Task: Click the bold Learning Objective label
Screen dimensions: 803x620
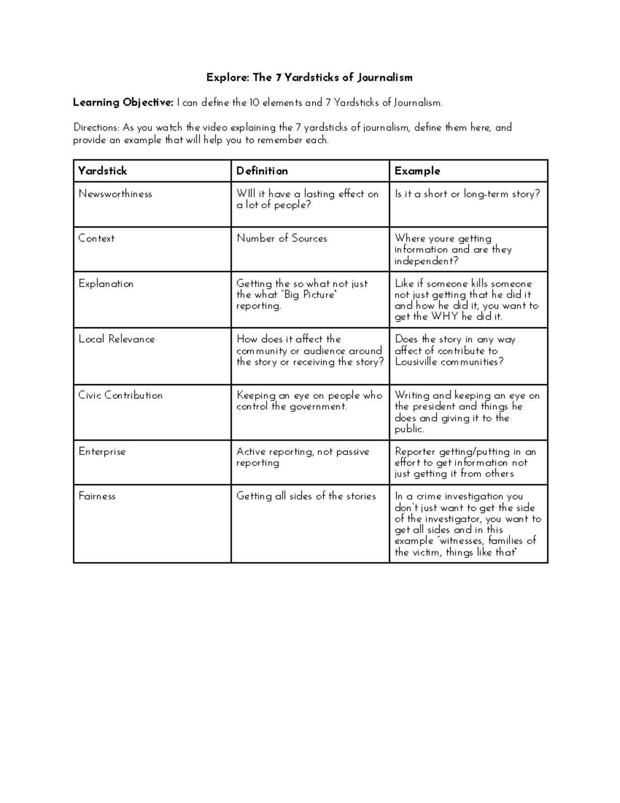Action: click(123, 102)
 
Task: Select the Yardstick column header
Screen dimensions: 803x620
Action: click(102, 171)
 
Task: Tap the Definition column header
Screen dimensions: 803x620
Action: click(262, 171)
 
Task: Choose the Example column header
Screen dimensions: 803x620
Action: click(417, 171)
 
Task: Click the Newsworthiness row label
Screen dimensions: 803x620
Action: click(115, 194)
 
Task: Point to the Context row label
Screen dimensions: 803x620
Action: click(97, 238)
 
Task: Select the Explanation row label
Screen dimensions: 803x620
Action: click(106, 283)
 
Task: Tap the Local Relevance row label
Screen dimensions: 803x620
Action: click(117, 339)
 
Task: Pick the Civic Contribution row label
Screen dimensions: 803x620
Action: click(120, 395)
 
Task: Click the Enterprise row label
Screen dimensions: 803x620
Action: click(102, 451)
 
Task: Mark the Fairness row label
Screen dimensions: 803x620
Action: click(97, 496)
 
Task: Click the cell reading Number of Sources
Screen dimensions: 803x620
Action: click(282, 238)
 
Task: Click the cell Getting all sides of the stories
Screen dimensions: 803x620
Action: click(306, 496)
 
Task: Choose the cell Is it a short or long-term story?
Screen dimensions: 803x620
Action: click(467, 194)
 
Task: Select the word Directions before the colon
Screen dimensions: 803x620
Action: click(96, 127)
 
